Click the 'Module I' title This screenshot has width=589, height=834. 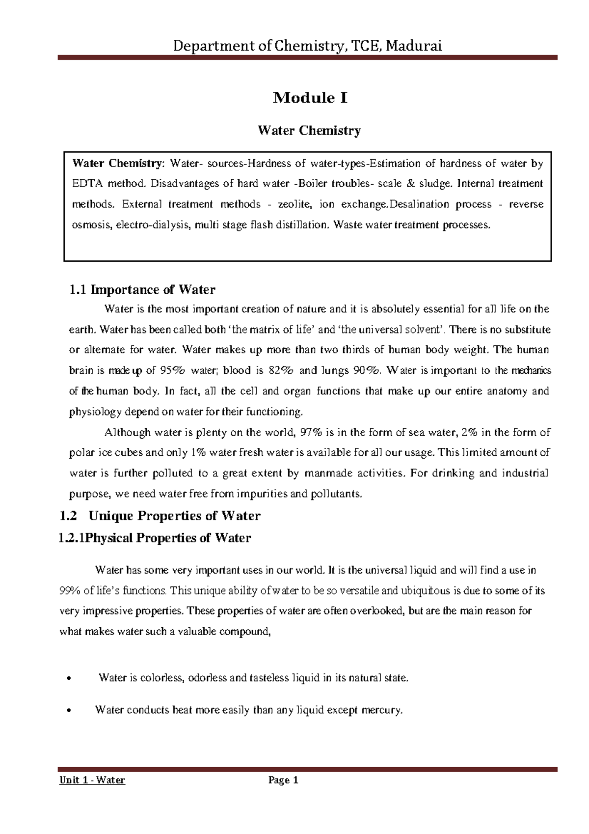[310, 98]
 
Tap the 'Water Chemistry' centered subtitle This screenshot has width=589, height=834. [309, 131]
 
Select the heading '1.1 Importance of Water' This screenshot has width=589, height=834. [142, 290]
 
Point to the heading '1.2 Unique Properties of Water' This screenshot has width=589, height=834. [160, 516]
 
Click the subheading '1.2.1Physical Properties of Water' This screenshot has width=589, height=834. [155, 538]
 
